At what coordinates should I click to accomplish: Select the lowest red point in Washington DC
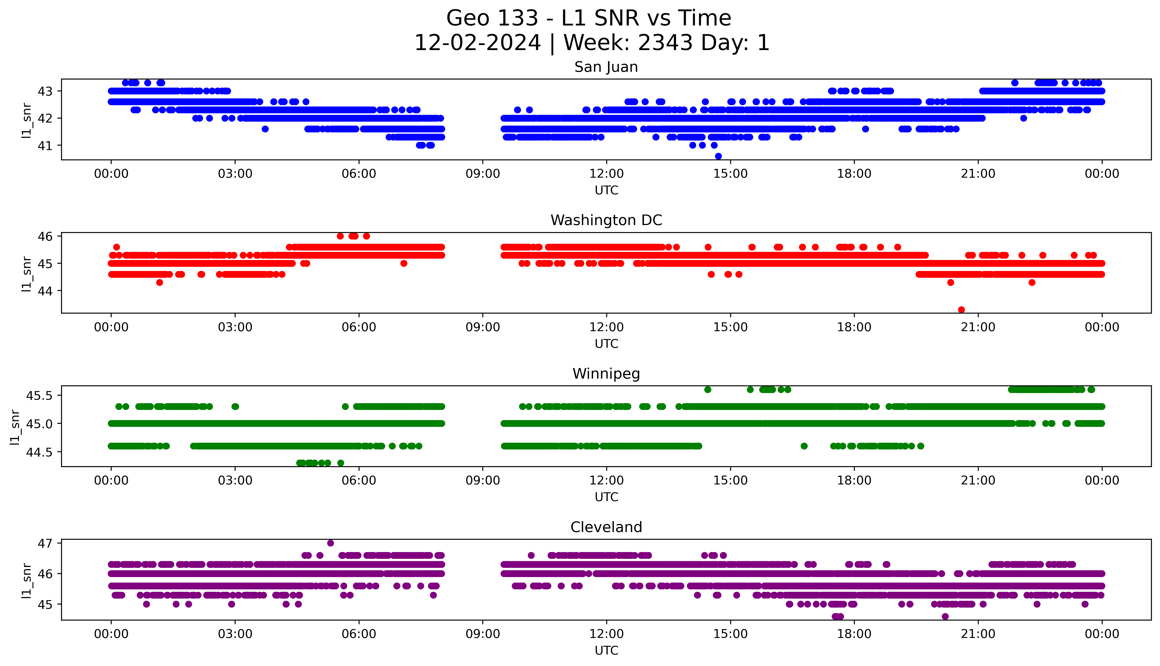tap(961, 310)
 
